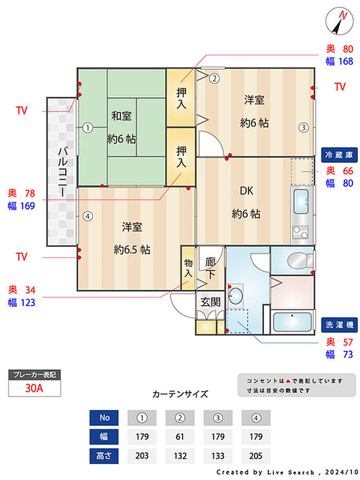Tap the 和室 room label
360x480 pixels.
pos(121,116)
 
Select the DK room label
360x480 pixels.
pos(246,191)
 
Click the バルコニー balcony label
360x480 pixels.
pos(63,171)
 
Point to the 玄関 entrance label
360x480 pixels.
pos(211,302)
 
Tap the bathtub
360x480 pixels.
pos(292,323)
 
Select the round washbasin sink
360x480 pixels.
pos(236,296)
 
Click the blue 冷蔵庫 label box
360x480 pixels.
pos(339,155)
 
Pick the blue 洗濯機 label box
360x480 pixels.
pos(339,325)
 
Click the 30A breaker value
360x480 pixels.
pos(34,388)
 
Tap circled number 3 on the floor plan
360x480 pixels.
pos(303,127)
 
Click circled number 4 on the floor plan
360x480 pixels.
pos(88,217)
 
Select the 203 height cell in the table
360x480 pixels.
pos(142,456)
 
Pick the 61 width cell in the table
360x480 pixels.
pos(180,437)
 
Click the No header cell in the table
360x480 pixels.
pos(104,418)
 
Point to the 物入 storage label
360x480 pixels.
pos(188,268)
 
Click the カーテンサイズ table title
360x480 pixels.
pos(180,394)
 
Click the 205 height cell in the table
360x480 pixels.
pos(256,456)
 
